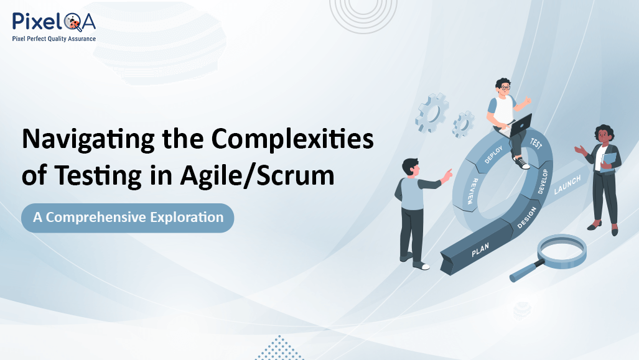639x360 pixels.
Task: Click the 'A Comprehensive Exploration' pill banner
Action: click(128, 218)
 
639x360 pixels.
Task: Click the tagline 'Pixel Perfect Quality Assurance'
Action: click(54, 39)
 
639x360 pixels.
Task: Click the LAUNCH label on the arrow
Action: click(567, 185)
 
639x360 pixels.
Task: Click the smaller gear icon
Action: click(463, 124)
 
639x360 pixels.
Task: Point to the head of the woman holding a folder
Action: click(604, 133)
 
